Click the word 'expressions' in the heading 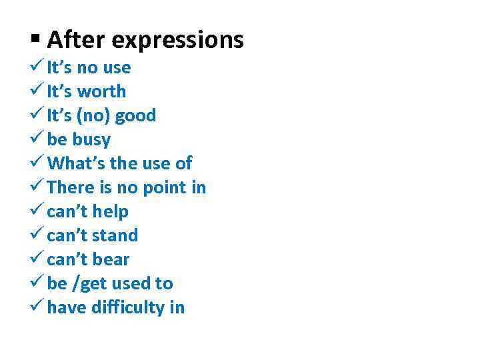[x=177, y=40]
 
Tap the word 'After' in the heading [x=76, y=40]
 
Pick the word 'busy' [x=91, y=140]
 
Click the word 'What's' [x=73, y=163]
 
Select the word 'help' [x=111, y=211]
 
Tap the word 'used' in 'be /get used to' [x=131, y=283]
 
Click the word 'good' [x=135, y=115]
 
